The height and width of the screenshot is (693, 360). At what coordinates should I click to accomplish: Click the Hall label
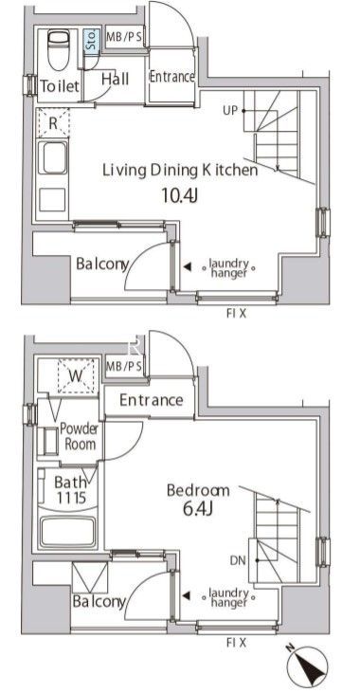pos(115,79)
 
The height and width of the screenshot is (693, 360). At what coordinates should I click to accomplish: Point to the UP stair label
pos(230,111)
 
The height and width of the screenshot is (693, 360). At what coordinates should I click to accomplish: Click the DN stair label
pos(237,559)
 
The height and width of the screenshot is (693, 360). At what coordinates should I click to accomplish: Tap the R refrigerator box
pos(52,122)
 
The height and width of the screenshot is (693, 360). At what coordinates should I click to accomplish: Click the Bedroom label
pos(198,490)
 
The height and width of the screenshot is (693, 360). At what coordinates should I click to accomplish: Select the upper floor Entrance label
pos(171,77)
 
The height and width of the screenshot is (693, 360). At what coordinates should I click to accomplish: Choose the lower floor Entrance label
pos(151,400)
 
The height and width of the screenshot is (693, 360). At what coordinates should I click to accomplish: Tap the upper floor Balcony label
pos(102,264)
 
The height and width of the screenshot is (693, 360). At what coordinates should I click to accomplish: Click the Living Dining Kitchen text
pos(180,172)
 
